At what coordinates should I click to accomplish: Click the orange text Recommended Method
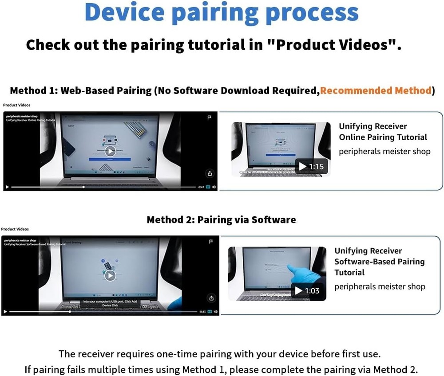[x=376, y=91]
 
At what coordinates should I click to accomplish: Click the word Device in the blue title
[x=124, y=13]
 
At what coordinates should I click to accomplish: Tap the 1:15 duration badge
[x=312, y=166]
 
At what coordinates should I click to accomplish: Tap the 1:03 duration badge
[x=308, y=291]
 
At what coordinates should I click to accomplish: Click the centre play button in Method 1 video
[x=110, y=151]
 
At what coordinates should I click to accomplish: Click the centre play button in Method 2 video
[x=110, y=275]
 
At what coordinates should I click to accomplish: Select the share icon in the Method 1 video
[x=210, y=173]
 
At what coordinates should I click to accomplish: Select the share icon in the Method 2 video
[x=211, y=297]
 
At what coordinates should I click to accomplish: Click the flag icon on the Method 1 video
[x=210, y=117]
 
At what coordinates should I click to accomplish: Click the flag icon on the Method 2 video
[x=210, y=241]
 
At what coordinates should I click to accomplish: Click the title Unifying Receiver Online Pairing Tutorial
[x=383, y=132]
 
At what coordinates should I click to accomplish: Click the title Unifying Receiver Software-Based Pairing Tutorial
[x=379, y=262]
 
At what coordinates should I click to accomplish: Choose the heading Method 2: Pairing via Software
[x=221, y=219]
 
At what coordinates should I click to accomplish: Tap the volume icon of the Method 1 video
[x=214, y=187]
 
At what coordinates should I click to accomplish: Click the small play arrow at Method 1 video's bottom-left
[x=7, y=187]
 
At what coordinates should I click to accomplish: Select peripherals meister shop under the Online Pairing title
[x=385, y=151]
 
